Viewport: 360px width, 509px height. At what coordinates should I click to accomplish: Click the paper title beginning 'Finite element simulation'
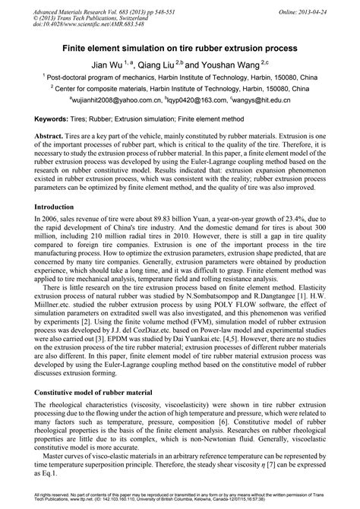[180, 46]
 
